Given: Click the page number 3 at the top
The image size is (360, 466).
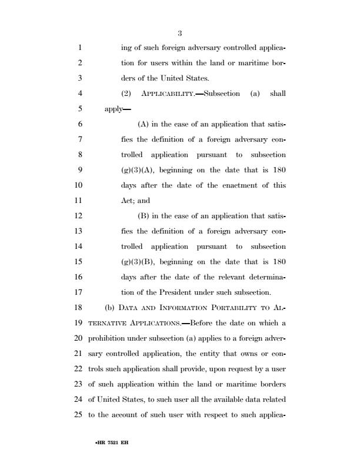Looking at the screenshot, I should tap(179, 33).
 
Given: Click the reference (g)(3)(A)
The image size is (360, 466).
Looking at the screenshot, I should tap(138, 169).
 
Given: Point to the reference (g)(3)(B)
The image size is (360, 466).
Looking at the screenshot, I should tap(138, 261).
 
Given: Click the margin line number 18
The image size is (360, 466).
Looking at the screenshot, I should tap(79, 307).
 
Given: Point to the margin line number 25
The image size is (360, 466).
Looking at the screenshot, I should tap(79, 414).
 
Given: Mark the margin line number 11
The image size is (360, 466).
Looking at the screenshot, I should tap(79, 200).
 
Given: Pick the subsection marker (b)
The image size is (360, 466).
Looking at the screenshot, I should tap(109, 307).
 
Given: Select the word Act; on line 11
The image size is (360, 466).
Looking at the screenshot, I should tap(127, 200).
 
